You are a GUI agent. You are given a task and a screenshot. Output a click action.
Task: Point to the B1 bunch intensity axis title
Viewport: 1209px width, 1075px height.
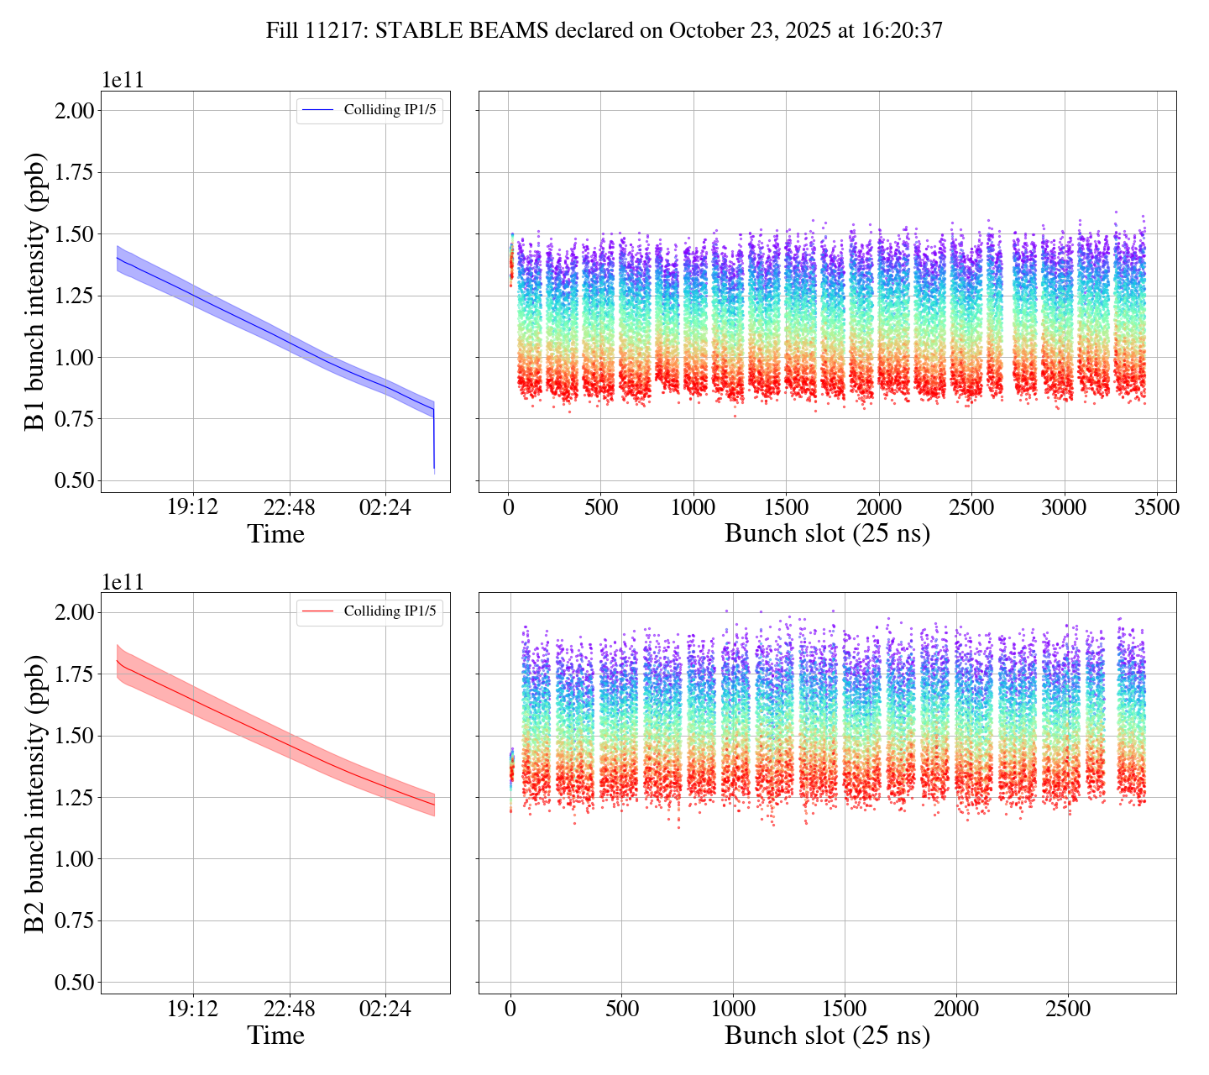click(x=35, y=291)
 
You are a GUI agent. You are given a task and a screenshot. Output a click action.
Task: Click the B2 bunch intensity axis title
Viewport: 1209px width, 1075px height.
click(x=35, y=793)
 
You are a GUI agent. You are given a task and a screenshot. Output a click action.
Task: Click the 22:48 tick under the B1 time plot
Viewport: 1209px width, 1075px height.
click(x=289, y=507)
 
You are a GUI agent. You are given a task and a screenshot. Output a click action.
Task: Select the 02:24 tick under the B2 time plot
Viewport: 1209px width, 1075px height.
click(x=385, y=1009)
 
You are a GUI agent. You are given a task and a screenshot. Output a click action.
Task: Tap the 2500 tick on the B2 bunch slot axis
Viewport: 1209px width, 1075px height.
click(x=1067, y=1009)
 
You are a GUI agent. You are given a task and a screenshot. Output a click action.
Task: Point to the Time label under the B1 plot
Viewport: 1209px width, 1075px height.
click(x=275, y=534)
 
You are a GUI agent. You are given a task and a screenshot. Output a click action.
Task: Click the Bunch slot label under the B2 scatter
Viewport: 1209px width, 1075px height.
click(x=827, y=1036)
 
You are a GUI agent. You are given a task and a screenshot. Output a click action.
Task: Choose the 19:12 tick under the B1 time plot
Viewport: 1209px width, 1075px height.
click(x=193, y=507)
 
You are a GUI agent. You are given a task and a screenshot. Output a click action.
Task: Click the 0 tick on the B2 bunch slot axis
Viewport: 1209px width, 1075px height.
click(x=510, y=1009)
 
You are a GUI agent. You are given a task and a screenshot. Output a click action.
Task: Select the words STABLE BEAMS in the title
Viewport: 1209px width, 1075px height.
click(x=462, y=31)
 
